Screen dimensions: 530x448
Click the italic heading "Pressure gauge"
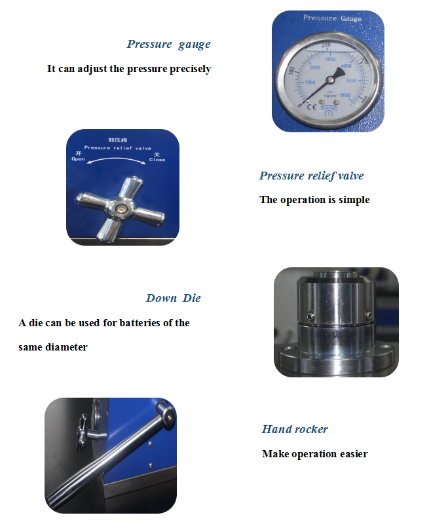point(169,45)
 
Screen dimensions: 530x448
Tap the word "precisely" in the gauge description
point(189,69)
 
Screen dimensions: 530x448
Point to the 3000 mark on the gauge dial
point(330,60)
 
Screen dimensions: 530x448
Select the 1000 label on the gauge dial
point(309,83)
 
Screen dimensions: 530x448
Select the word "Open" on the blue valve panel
point(78,159)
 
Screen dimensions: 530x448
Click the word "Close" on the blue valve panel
point(157,160)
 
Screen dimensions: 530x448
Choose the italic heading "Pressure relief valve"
point(311,176)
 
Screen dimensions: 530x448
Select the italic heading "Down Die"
point(173,298)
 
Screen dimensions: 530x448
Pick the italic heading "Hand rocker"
point(295,430)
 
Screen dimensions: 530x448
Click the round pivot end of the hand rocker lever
point(168,415)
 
